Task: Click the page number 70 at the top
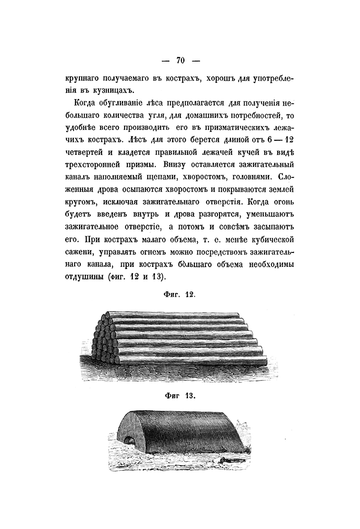pos(180,60)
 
